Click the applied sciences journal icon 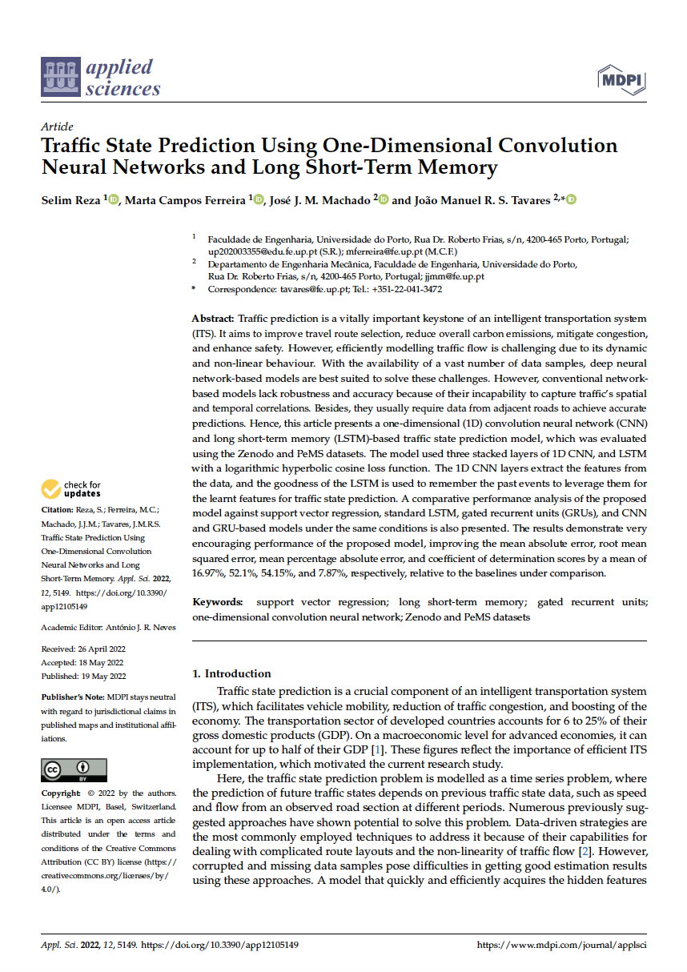pyautogui.click(x=61, y=78)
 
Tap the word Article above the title pyautogui.click(x=56, y=127)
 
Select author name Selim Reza pyautogui.click(x=70, y=199)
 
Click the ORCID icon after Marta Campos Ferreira pyautogui.click(x=259, y=199)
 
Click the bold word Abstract pyautogui.click(x=213, y=319)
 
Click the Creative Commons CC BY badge pyautogui.click(x=74, y=770)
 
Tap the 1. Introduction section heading pyautogui.click(x=231, y=673)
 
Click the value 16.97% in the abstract pyautogui.click(x=209, y=573)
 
